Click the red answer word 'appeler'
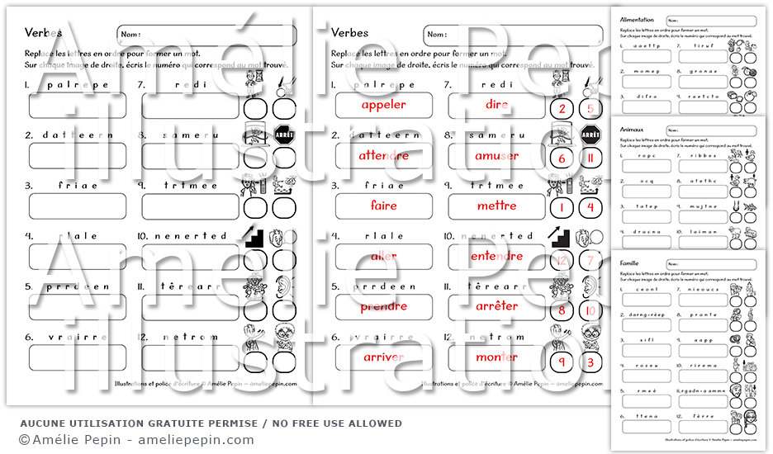pos(383,105)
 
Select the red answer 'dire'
pos(496,105)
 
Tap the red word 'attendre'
pos(383,155)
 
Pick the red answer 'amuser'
pos(496,155)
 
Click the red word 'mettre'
pos(496,206)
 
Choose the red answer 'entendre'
pos(496,256)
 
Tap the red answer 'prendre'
pos(383,306)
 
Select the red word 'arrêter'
pos(496,306)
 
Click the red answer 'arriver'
pos(383,357)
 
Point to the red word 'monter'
pos(496,357)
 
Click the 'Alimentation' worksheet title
pos(636,20)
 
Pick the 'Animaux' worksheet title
pos(632,130)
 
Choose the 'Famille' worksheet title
pos(631,263)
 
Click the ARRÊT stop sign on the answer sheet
pos(590,135)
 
